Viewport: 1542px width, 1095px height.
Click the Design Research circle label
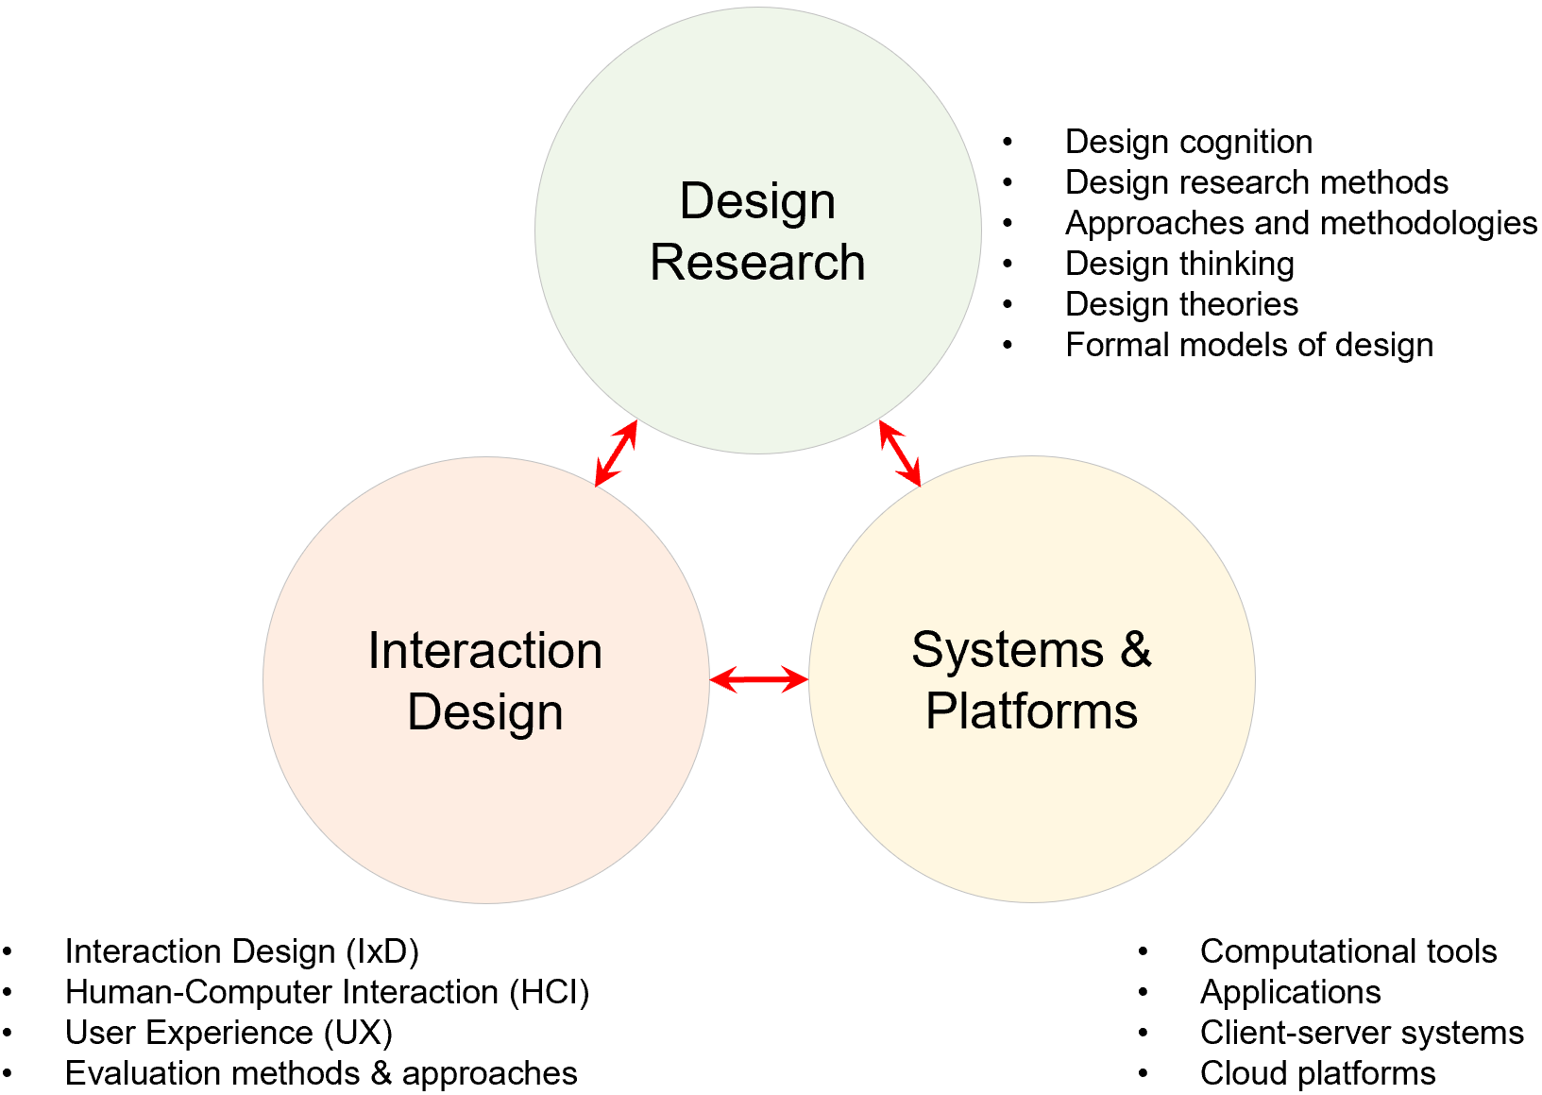click(x=757, y=231)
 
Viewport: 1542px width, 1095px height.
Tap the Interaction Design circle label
click(x=485, y=681)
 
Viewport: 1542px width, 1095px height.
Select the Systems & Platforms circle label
click(x=1031, y=680)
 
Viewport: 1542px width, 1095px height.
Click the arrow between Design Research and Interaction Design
click(x=616, y=453)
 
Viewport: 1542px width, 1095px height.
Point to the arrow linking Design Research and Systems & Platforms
click(x=900, y=453)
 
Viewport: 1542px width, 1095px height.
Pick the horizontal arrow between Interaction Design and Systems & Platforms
click(x=758, y=679)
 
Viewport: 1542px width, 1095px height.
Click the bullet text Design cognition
click(x=1188, y=142)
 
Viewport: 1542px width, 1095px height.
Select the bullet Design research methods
click(x=1256, y=182)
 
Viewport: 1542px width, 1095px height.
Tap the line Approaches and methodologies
click(x=1300, y=223)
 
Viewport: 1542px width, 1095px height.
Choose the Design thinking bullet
click(x=1179, y=264)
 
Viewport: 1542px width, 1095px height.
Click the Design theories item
click(x=1181, y=304)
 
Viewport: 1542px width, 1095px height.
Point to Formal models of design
click(x=1248, y=345)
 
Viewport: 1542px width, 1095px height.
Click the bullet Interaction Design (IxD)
click(x=242, y=951)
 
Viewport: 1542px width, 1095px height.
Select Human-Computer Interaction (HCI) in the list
click(x=327, y=992)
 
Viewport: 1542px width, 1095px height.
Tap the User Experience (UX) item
click(x=229, y=1033)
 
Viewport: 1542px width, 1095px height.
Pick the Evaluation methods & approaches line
click(x=321, y=1073)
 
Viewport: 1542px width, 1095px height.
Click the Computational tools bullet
click(x=1347, y=951)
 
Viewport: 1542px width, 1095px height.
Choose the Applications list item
click(x=1290, y=992)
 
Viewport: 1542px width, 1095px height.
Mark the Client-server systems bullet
click(x=1361, y=1033)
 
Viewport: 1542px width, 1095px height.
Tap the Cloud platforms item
click(x=1317, y=1073)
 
